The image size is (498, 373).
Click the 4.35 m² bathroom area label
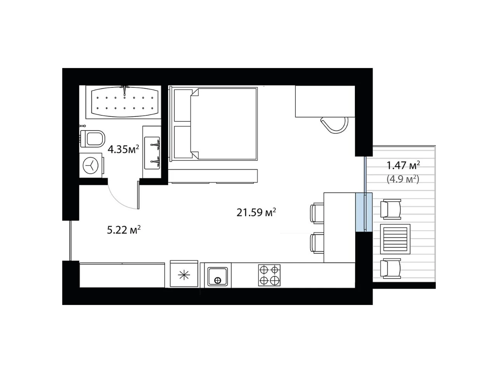[x=123, y=149]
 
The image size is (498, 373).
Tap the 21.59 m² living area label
[x=256, y=213]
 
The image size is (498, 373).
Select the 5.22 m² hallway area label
[x=124, y=230]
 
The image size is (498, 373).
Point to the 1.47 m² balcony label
[x=403, y=165]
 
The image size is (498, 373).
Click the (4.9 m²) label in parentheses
[x=403, y=179]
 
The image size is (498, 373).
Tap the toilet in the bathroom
[x=93, y=139]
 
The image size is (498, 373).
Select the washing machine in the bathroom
[x=91, y=165]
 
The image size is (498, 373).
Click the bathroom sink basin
[x=152, y=153]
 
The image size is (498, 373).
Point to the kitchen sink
[x=217, y=276]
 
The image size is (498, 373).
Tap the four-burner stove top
[x=269, y=275]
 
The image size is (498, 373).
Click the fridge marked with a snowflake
[x=184, y=274]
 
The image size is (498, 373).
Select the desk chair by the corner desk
[x=335, y=125]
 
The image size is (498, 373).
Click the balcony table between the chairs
[x=395, y=239]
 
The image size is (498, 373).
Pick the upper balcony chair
[x=391, y=209]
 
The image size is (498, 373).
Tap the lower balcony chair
[x=391, y=268]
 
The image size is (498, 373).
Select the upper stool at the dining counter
[x=317, y=213]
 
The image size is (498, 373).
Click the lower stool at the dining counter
[x=317, y=243]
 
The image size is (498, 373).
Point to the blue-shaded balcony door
[x=364, y=212]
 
